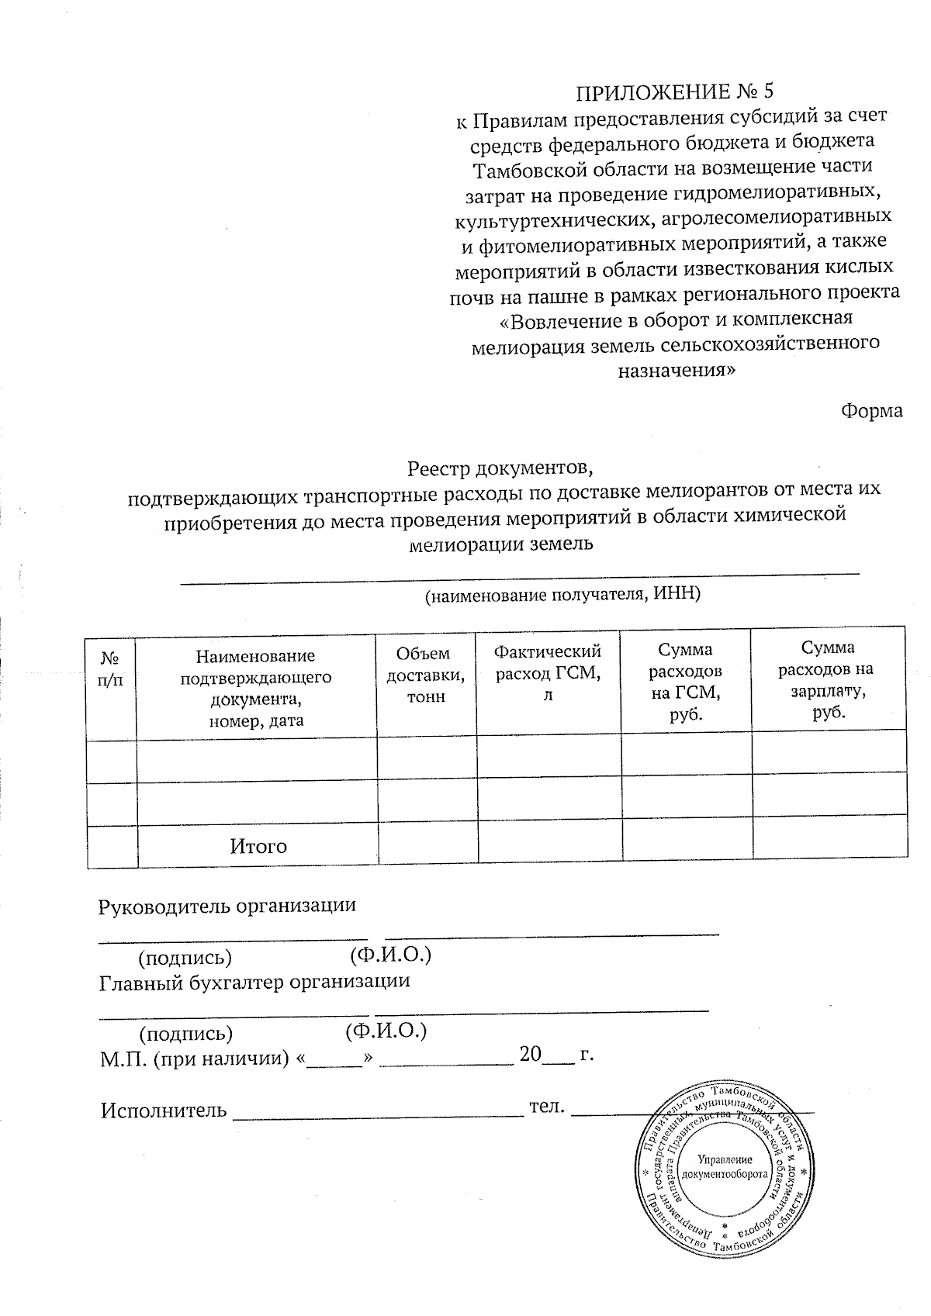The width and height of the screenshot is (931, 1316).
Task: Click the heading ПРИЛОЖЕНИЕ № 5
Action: (674, 92)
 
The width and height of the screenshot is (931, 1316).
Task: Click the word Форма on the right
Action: (872, 411)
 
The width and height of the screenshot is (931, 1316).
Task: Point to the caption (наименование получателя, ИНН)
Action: (562, 595)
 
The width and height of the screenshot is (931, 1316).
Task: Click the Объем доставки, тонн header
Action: (426, 675)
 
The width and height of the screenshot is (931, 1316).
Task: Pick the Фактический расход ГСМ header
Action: (548, 672)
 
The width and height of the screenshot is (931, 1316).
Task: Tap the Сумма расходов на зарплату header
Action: (828, 680)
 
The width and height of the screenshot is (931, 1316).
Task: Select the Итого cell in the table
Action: (258, 846)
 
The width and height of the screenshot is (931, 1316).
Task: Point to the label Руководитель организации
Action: (227, 905)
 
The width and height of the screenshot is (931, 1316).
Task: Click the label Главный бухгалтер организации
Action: (254, 981)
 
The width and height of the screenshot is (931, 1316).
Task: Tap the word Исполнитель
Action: (164, 1110)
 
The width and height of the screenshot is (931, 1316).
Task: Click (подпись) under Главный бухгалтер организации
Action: (185, 1034)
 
